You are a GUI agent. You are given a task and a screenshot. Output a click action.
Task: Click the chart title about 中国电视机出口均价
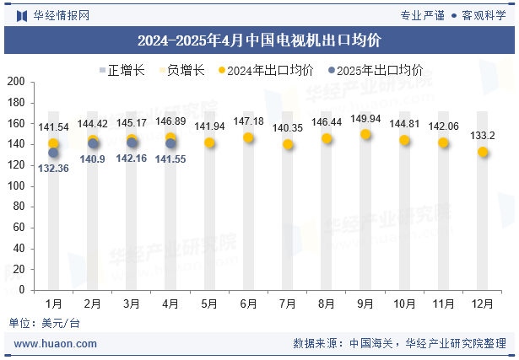coord(259,40)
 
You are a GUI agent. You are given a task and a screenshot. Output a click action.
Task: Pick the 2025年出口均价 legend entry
coord(376,71)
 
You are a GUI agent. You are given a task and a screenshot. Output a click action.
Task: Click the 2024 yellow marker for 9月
coord(365,135)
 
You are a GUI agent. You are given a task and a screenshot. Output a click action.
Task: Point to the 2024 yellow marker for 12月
coord(483,152)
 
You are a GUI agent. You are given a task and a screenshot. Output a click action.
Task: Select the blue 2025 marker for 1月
coord(53,153)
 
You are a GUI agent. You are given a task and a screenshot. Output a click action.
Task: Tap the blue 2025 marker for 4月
coord(170,143)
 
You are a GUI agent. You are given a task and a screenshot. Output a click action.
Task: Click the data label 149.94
coord(365,119)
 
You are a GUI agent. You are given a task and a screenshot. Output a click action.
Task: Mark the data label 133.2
coord(483,136)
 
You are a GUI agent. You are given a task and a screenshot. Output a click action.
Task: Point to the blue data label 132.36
coord(53,168)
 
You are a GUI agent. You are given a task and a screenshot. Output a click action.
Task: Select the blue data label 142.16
coord(132,159)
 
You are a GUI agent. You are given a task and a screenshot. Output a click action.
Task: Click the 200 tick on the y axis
coord(17,82)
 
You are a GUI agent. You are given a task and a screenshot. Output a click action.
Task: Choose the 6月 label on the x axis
coord(248,303)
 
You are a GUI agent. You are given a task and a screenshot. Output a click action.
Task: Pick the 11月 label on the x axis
coord(443,303)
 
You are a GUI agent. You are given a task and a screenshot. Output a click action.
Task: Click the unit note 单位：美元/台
coord(45,323)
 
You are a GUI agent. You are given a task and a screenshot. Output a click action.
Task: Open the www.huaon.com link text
coord(56,344)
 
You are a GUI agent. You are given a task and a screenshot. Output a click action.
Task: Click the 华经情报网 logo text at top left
coord(60,15)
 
